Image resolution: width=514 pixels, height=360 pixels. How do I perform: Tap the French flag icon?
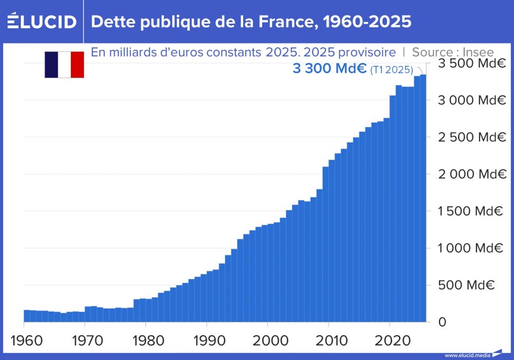point(64,65)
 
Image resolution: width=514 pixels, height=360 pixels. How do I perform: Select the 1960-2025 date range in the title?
point(369,22)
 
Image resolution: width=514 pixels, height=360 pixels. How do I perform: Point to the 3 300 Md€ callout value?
point(329,69)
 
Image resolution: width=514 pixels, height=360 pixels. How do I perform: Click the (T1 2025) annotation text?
point(392,70)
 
